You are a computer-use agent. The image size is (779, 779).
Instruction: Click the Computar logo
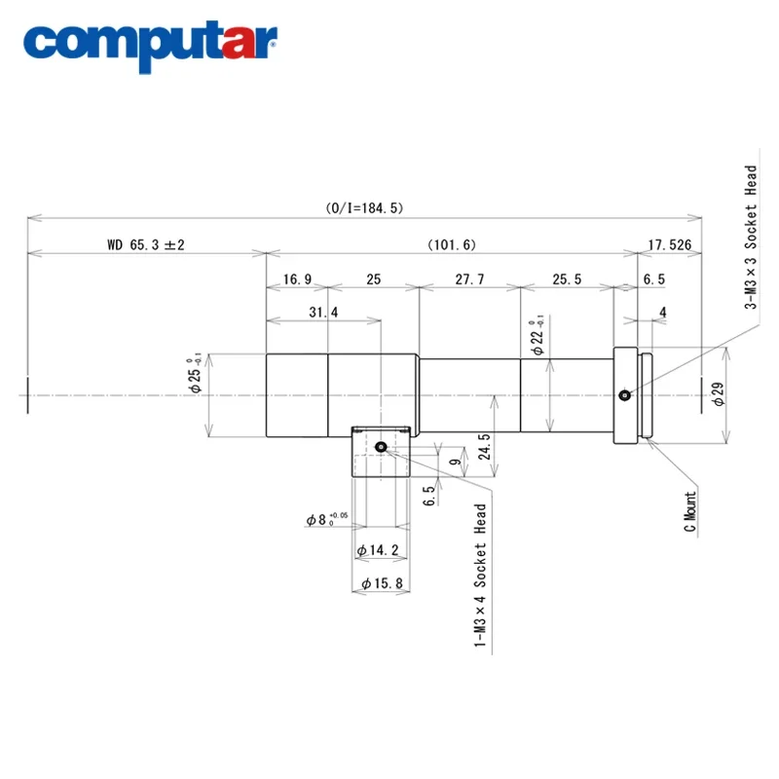point(150,46)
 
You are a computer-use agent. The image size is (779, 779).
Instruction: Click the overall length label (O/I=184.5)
point(364,207)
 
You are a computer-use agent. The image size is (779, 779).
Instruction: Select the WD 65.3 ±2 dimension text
point(146,244)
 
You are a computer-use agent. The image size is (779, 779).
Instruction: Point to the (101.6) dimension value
point(452,244)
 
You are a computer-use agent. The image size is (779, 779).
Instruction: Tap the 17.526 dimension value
point(670,244)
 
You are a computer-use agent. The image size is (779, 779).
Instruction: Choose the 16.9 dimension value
point(297,279)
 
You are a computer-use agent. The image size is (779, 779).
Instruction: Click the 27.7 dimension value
point(469,279)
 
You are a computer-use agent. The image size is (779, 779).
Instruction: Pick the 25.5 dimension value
point(567,279)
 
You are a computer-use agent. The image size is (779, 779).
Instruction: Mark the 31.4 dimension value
point(323,312)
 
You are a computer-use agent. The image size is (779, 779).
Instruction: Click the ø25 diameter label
point(195,373)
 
